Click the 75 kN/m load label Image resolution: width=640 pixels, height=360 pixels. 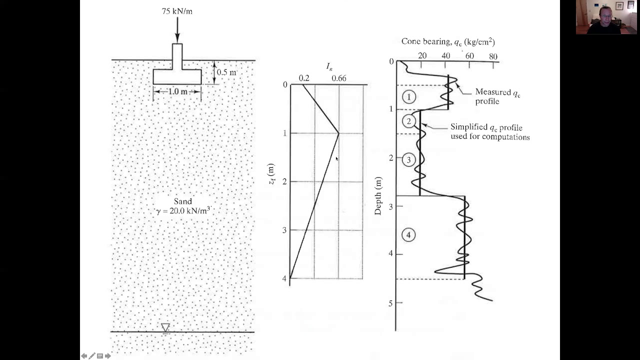pyautogui.click(x=177, y=11)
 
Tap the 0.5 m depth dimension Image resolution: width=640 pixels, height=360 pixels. pyautogui.click(x=226, y=72)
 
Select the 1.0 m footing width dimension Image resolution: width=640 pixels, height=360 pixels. pyautogui.click(x=177, y=91)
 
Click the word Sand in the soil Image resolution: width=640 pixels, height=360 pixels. pyautogui.click(x=183, y=201)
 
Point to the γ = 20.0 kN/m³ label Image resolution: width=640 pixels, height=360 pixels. pyautogui.click(x=183, y=210)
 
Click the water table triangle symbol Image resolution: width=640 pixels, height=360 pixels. pyautogui.click(x=165, y=327)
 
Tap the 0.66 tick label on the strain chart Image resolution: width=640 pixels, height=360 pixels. pyautogui.click(x=339, y=78)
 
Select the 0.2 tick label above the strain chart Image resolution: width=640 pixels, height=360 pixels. pyautogui.click(x=304, y=78)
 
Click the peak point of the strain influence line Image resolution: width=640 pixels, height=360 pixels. pyautogui.click(x=339, y=133)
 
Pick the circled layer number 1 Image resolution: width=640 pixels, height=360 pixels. pyautogui.click(x=409, y=97)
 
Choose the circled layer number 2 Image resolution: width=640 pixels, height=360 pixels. pyautogui.click(x=409, y=121)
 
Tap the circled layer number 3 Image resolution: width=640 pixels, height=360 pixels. pyautogui.click(x=408, y=160)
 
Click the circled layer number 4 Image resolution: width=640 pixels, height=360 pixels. pyautogui.click(x=408, y=235)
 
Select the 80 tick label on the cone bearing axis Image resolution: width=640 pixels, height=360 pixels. pyautogui.click(x=493, y=56)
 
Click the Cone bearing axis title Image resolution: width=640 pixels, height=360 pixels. pyautogui.click(x=448, y=41)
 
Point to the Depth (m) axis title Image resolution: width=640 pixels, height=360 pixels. pyautogui.click(x=378, y=195)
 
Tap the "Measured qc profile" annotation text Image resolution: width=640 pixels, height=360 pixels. pyautogui.click(x=497, y=96)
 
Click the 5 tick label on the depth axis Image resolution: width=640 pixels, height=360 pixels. pyautogui.click(x=390, y=303)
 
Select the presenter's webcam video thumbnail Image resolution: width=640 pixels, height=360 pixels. pyautogui.click(x=606, y=17)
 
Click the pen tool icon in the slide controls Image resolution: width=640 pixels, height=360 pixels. pyautogui.click(x=91, y=356)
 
